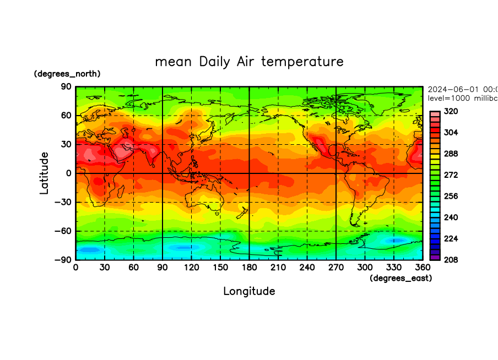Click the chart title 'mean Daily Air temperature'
[249, 61]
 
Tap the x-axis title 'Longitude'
[249, 291]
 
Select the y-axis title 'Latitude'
[44, 173]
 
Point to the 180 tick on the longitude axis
[249, 267]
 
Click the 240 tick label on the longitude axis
[307, 267]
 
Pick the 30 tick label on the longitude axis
[105, 267]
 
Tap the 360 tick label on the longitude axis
[423, 267]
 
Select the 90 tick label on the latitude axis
[66, 87]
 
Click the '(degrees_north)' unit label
[67, 74]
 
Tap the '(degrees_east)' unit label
[400, 279]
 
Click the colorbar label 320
[451, 111]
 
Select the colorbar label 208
[451, 259]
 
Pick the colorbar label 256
[451, 196]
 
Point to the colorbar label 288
[451, 154]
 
